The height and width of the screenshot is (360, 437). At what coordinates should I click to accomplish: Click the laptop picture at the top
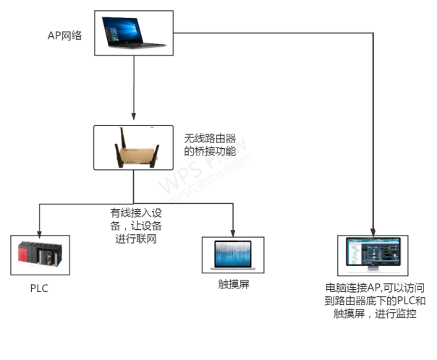(x=133, y=33)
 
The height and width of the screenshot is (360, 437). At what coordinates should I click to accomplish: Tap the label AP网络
(x=65, y=34)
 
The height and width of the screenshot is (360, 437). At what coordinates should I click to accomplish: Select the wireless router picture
(x=133, y=147)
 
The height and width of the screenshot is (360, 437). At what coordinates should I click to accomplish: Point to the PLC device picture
(x=39, y=254)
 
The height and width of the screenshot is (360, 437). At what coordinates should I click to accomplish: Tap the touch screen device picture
(x=232, y=255)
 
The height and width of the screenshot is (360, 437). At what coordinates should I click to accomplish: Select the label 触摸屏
(x=232, y=283)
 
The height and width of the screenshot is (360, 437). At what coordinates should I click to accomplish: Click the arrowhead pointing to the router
(x=133, y=117)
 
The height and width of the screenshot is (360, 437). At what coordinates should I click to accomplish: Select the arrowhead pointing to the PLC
(x=39, y=231)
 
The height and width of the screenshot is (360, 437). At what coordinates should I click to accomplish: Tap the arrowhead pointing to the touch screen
(x=232, y=231)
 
